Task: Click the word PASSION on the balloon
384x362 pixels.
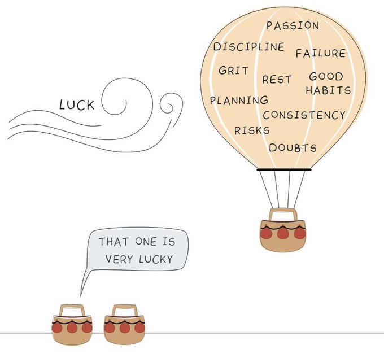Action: pos(293,25)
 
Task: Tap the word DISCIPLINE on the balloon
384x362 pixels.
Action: pos(248,47)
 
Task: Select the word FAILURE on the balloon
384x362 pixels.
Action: pos(320,54)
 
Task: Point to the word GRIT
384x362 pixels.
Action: pos(233,72)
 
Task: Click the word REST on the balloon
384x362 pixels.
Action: pos(277,80)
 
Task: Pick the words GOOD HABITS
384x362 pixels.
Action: pos(328,83)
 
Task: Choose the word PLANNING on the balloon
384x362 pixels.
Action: pos(239,101)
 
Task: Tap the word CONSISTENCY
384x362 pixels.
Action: pos(304,115)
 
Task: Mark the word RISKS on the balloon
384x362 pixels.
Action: pos(252,130)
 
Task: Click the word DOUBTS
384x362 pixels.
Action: pos(293,148)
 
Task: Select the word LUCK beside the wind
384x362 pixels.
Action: pos(77,105)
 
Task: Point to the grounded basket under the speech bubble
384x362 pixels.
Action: pos(72,327)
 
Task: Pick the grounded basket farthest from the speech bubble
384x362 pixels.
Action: pos(125,327)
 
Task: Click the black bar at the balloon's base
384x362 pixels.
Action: pos(283,169)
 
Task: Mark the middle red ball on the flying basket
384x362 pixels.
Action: pos(282,233)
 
